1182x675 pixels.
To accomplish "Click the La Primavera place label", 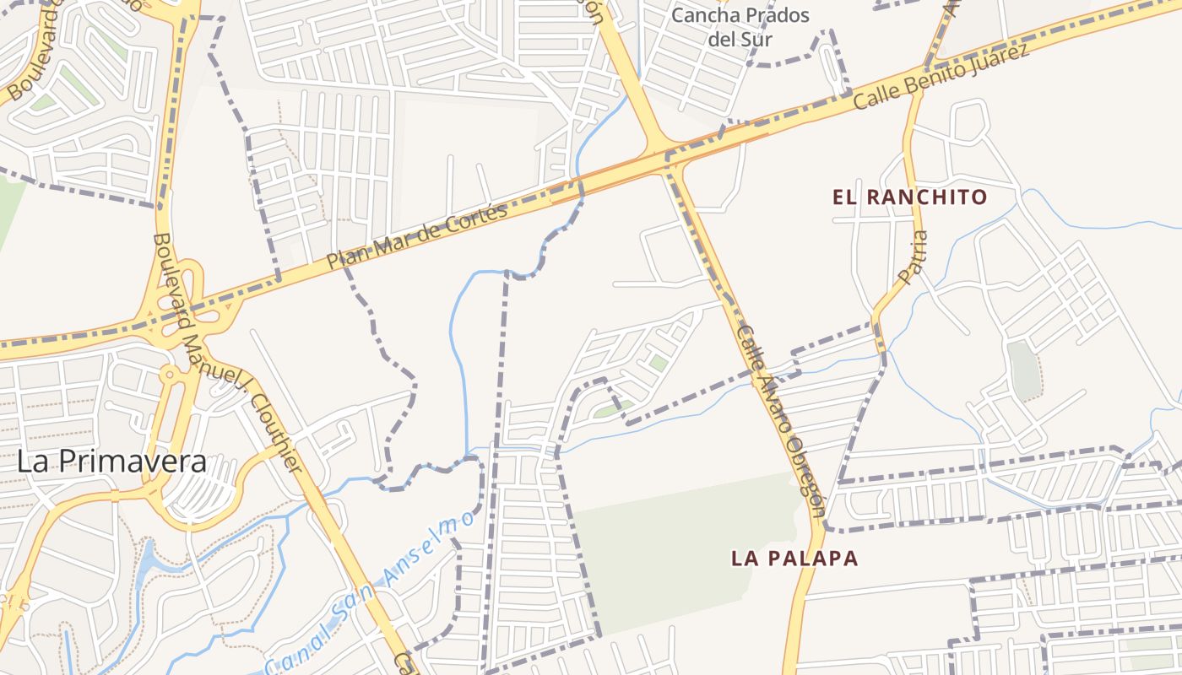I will pyautogui.click(x=111, y=462).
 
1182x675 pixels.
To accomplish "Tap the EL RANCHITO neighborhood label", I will pyautogui.click(x=909, y=197).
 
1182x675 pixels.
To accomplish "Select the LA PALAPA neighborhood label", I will pyautogui.click(x=794, y=558).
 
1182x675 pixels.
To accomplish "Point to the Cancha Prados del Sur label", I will pyautogui.click(x=740, y=26).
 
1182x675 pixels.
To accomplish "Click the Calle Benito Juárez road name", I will pyautogui.click(x=941, y=77).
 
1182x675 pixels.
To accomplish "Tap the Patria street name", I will pyautogui.click(x=914, y=257).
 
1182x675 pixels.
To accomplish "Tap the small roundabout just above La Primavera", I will pyautogui.click(x=170, y=373).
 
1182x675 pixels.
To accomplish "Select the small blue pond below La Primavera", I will pyautogui.click(x=148, y=558).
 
